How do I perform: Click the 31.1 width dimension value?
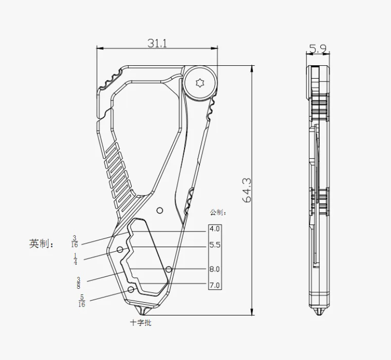(157, 43)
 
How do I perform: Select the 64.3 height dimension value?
(247, 190)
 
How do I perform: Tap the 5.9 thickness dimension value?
(318, 49)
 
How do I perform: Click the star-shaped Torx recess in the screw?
(200, 83)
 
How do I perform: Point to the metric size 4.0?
(214, 228)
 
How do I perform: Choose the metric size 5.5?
(215, 245)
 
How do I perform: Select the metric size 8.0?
(214, 269)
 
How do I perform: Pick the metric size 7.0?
(214, 285)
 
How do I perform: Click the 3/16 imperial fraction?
(75, 241)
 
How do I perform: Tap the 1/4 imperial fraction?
(75, 259)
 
